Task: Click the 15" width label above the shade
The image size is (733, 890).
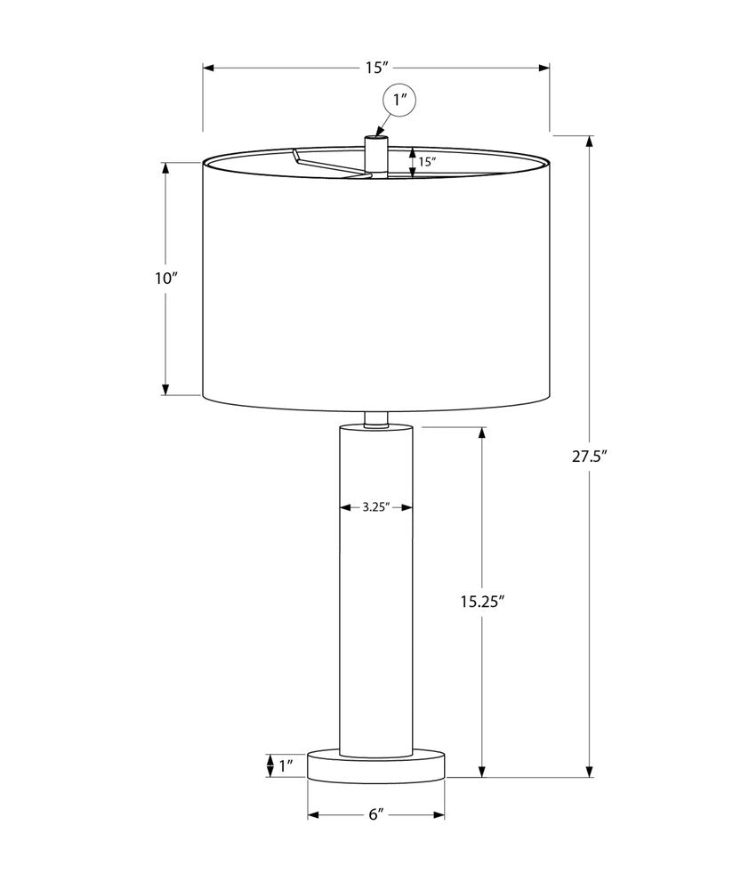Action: (x=376, y=68)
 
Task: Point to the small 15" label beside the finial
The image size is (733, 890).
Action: (x=427, y=162)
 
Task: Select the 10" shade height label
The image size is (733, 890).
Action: (x=165, y=279)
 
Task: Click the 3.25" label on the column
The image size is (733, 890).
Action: (x=376, y=507)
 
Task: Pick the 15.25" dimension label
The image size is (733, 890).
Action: (x=482, y=602)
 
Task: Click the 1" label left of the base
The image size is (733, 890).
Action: (x=286, y=765)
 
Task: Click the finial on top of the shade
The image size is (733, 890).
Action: (x=376, y=153)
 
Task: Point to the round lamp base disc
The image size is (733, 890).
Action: (x=376, y=765)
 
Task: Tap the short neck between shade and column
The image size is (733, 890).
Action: (x=376, y=419)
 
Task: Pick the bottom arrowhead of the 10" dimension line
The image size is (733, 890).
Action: (x=165, y=389)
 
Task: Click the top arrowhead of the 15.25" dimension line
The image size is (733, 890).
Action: (x=482, y=433)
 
